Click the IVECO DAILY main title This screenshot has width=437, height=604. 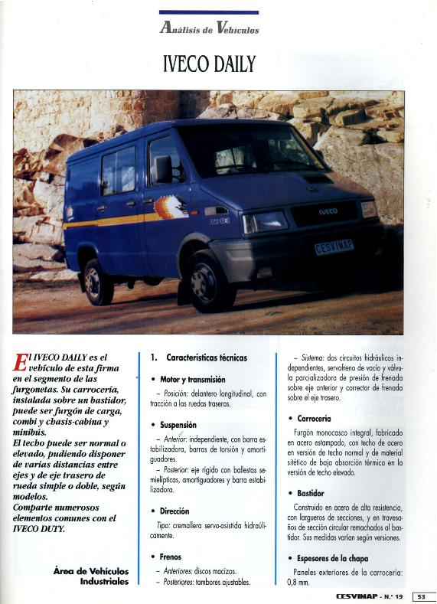tap(209, 64)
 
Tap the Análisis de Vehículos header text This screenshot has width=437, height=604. tap(209, 29)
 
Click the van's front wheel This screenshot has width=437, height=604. tap(207, 280)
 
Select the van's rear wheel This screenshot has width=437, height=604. tap(98, 280)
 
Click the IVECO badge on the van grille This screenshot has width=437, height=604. tap(328, 211)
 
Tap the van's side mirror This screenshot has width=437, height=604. tap(164, 169)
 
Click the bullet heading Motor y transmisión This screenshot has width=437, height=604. tap(192, 379)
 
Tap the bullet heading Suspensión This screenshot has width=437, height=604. tap(178, 424)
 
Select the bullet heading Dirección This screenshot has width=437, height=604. tap(174, 511)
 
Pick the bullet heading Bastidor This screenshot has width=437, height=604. tap(310, 494)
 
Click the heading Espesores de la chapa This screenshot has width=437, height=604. tap(332, 557)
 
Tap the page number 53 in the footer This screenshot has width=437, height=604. tap(423, 596)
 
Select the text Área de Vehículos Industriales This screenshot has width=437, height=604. tap(91, 576)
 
